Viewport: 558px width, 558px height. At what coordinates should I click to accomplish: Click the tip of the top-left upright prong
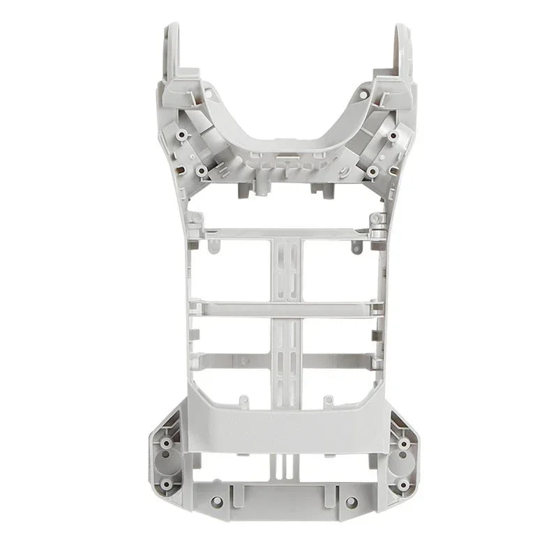tap(172, 29)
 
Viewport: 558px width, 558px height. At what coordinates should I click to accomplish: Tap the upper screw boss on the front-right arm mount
tap(393, 135)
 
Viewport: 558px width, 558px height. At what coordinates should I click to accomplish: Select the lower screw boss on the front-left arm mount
tap(201, 169)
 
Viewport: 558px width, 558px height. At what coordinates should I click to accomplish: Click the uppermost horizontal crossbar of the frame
tap(286, 232)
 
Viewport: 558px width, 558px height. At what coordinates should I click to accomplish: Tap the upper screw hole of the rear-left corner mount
tap(167, 442)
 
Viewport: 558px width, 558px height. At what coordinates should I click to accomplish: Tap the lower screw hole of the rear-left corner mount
tap(166, 483)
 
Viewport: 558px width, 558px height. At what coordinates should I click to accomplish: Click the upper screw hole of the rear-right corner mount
tap(404, 443)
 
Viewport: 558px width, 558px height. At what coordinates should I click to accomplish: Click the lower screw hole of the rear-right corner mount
tap(403, 484)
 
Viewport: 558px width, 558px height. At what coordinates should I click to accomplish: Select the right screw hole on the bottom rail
tap(351, 502)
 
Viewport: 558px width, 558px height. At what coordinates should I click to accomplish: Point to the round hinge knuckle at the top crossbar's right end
tap(377, 220)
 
